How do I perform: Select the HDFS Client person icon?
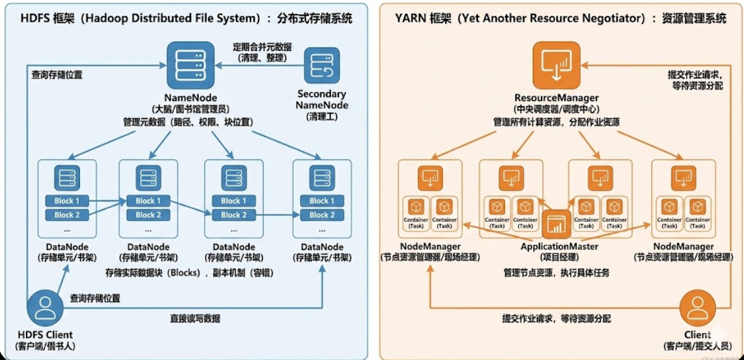(x=44, y=308)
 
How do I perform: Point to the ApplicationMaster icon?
(x=555, y=223)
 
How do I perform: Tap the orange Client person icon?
(x=697, y=309)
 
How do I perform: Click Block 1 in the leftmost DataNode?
(x=67, y=200)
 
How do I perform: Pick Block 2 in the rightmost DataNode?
(x=318, y=215)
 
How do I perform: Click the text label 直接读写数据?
(x=195, y=318)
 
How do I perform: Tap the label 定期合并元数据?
(x=263, y=47)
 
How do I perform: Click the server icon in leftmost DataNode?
(x=67, y=178)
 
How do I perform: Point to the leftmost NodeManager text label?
(x=430, y=246)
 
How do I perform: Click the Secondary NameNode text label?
(x=322, y=100)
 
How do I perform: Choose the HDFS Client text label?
(x=44, y=334)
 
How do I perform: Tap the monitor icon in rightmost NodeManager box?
(x=683, y=178)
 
